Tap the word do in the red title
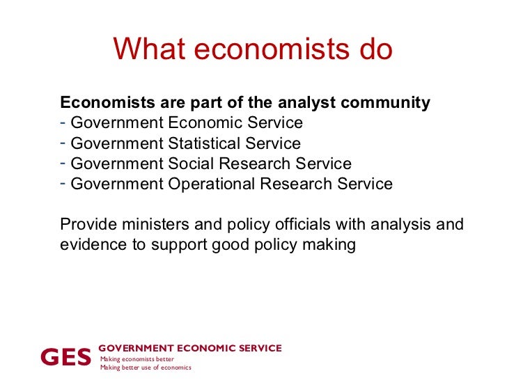(x=374, y=49)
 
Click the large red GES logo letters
(x=66, y=357)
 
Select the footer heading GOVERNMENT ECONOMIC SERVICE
(x=190, y=348)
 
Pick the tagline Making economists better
(x=136, y=358)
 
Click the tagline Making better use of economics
(x=146, y=367)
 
